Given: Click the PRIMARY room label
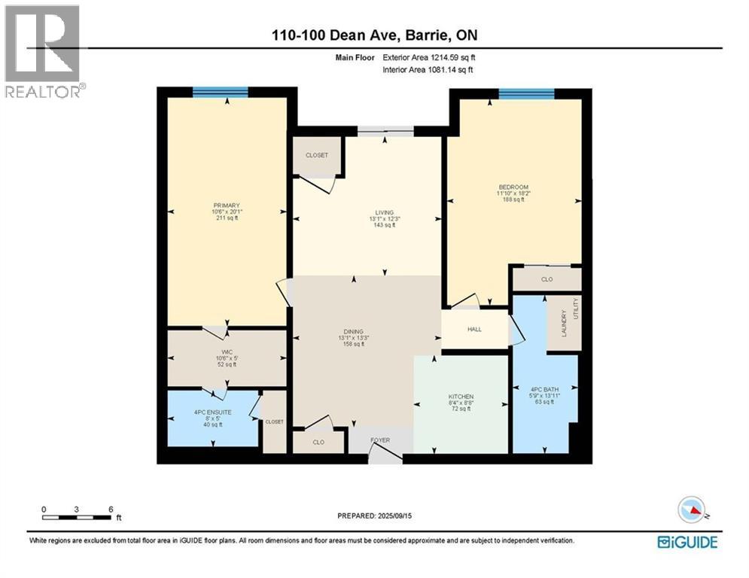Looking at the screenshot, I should tap(226, 205).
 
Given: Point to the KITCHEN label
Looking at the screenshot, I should tap(461, 397).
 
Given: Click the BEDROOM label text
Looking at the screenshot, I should tap(513, 187).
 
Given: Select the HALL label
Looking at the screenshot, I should tap(475, 330).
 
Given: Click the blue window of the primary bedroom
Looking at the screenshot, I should tap(220, 93).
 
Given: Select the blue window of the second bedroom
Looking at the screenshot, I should tap(526, 93).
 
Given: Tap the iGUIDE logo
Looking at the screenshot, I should tap(687, 542).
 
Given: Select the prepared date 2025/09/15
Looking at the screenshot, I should tap(374, 516).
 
